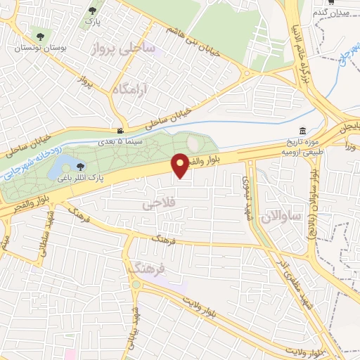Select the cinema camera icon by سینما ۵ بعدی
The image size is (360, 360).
(122, 131)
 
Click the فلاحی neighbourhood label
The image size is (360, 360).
(157, 205)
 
